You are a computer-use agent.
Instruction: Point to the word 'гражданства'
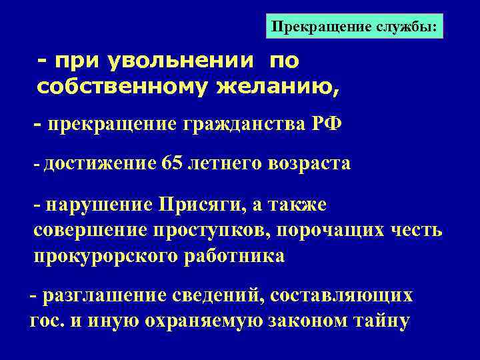(x=235, y=125)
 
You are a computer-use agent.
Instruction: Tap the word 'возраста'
(x=311, y=164)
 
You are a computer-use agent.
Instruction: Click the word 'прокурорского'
(x=105, y=256)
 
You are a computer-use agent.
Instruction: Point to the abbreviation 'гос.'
(x=45, y=320)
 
